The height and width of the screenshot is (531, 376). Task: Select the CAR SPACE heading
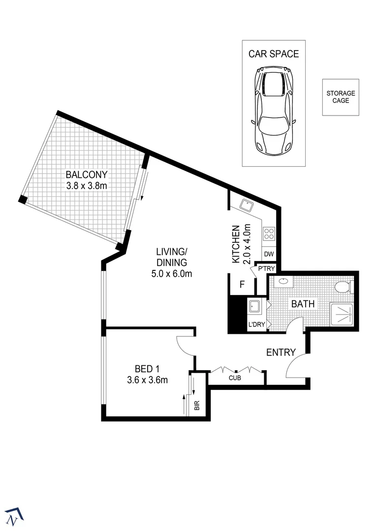273,54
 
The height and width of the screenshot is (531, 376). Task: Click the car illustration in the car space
273,112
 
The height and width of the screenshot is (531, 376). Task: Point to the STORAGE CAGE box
341,97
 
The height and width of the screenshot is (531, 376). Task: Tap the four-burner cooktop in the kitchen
269,233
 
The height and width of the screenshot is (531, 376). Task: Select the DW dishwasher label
269,254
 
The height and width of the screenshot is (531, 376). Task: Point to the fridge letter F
242,284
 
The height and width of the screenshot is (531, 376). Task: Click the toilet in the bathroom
343,287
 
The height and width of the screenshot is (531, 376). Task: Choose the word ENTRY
281,352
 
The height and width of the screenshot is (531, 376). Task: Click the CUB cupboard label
234,379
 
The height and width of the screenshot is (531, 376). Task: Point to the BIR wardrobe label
197,406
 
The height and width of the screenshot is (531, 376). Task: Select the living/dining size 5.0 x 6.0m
171,274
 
